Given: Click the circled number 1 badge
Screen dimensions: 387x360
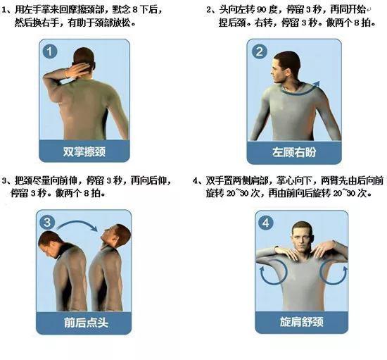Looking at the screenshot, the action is [x=50, y=51].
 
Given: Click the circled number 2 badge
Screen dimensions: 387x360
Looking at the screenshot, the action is [x=260, y=51].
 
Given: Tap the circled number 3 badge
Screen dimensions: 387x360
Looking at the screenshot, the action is [x=47, y=222].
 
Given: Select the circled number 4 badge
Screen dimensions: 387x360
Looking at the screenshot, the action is [x=265, y=223].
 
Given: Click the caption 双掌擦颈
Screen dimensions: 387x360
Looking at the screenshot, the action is [x=84, y=151].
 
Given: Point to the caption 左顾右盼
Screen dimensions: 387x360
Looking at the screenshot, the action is [x=294, y=152].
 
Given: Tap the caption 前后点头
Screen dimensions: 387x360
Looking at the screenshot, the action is [x=86, y=323].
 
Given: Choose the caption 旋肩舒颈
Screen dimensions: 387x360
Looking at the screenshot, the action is [x=302, y=322].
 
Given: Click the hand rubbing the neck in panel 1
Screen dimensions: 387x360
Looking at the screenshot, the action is [x=79, y=70].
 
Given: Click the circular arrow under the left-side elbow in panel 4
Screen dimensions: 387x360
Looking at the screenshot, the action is [x=272, y=274].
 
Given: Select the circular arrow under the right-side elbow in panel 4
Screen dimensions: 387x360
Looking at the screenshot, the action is [x=334, y=274].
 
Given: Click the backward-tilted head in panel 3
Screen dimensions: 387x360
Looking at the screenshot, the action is [x=115, y=235].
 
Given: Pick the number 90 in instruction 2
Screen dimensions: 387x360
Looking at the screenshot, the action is [x=262, y=10].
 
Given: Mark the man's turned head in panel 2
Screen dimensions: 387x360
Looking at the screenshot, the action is [x=285, y=67].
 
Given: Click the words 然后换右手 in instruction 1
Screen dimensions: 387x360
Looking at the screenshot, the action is [x=37, y=23].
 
